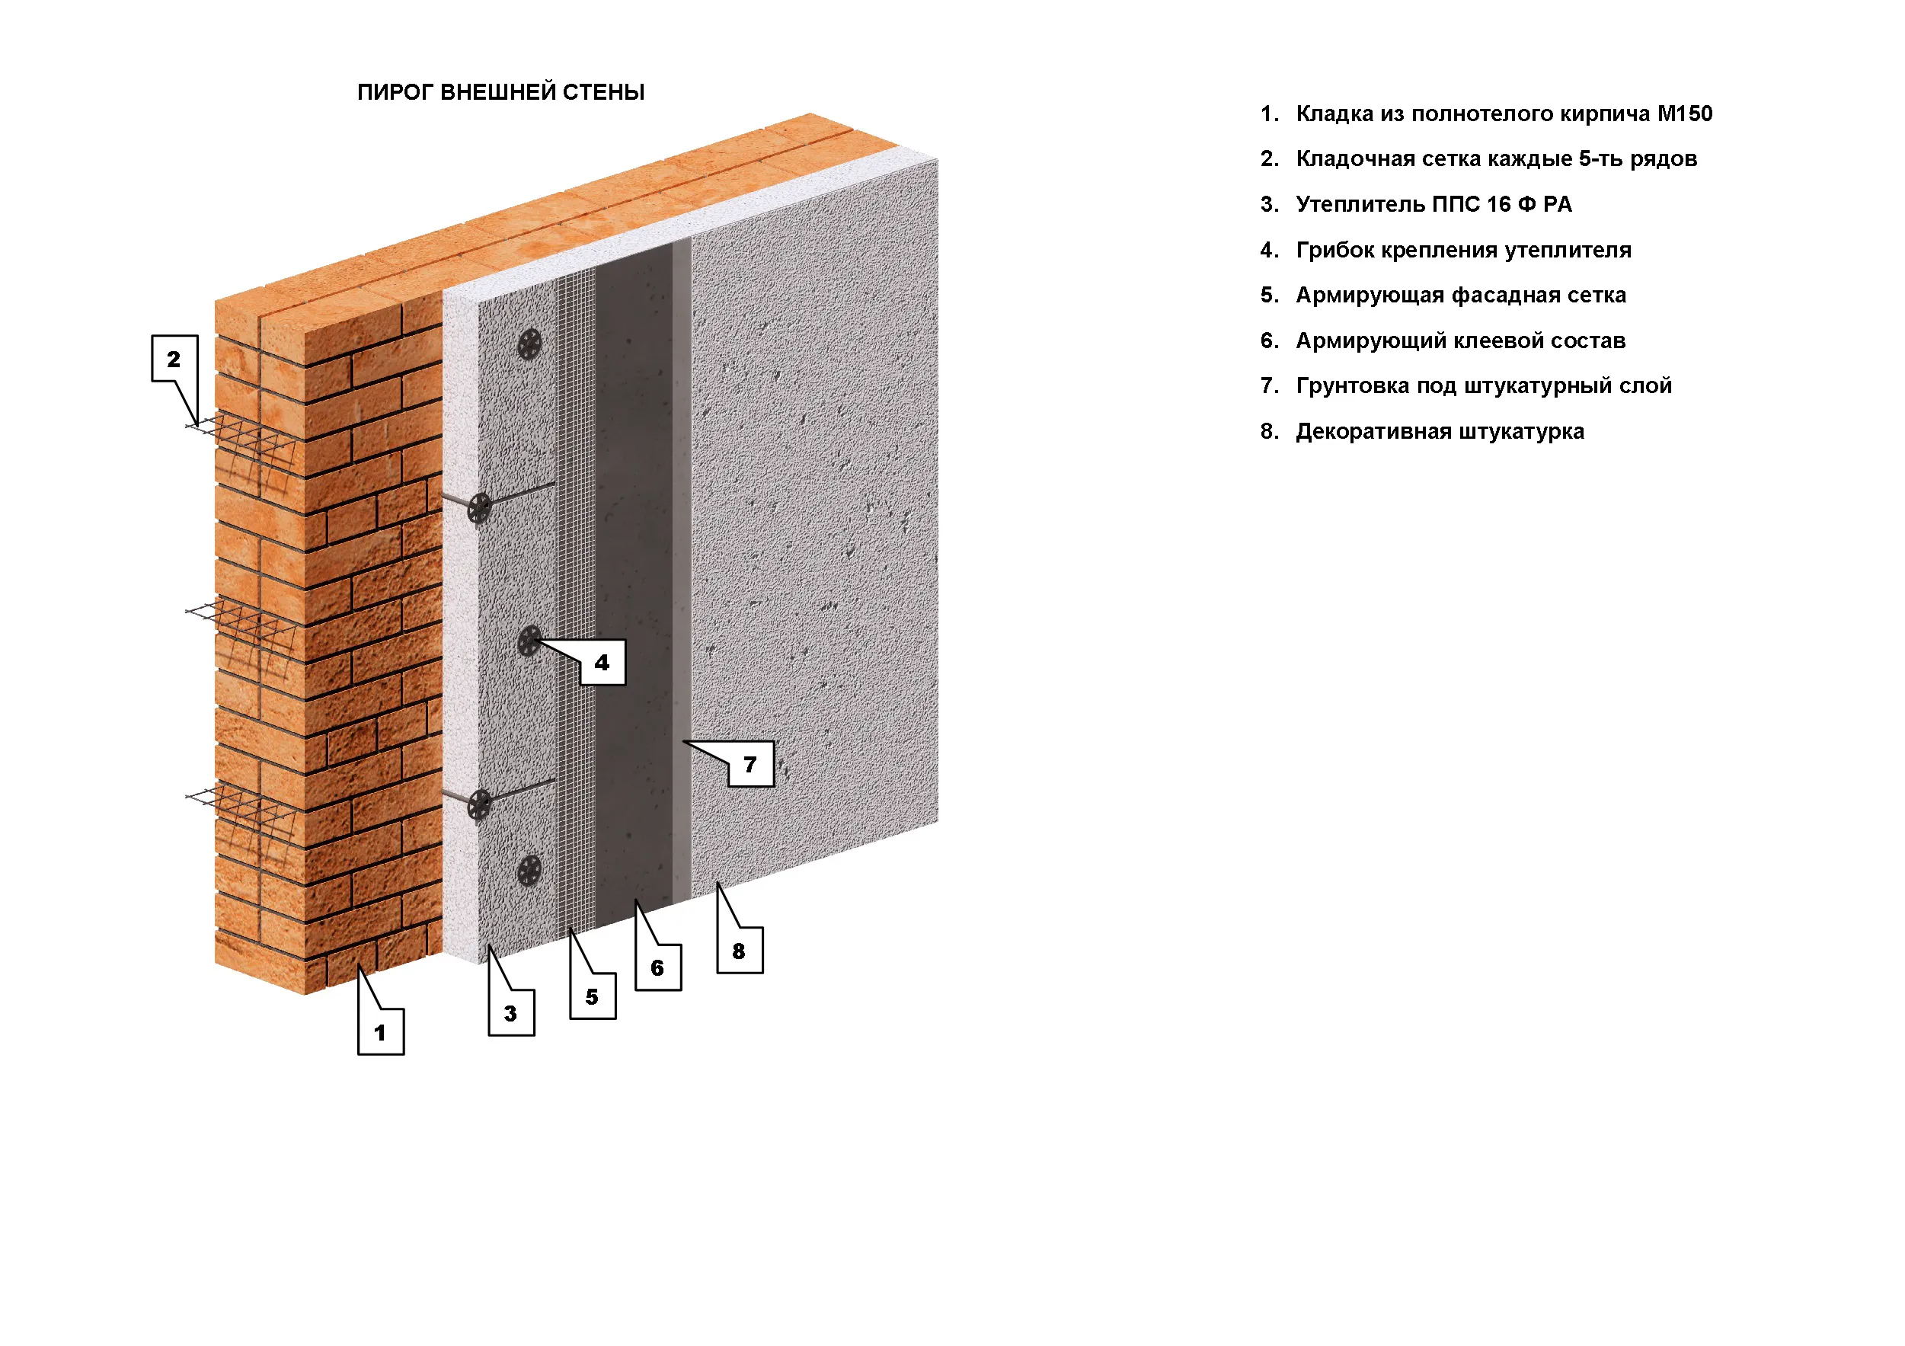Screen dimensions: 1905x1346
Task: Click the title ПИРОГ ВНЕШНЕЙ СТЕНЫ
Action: tap(500, 92)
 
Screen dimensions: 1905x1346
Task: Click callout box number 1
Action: tap(381, 1031)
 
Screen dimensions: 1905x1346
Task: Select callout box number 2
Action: tap(174, 359)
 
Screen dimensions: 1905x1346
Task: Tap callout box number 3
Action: tap(511, 1012)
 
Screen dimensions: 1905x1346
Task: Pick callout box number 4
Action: tap(603, 662)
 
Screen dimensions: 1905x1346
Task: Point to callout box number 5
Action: tap(593, 996)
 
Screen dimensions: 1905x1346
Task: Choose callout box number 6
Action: tap(658, 967)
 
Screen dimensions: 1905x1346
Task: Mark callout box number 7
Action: tap(751, 763)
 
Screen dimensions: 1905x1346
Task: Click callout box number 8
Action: tap(740, 950)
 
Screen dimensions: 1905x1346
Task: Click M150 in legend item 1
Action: tap(1684, 113)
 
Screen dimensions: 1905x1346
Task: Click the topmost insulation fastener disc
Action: tap(529, 344)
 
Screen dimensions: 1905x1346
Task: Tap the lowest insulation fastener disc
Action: tap(529, 871)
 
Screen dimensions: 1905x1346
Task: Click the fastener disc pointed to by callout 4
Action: tap(529, 641)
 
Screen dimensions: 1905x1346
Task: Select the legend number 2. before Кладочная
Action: tap(1270, 158)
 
